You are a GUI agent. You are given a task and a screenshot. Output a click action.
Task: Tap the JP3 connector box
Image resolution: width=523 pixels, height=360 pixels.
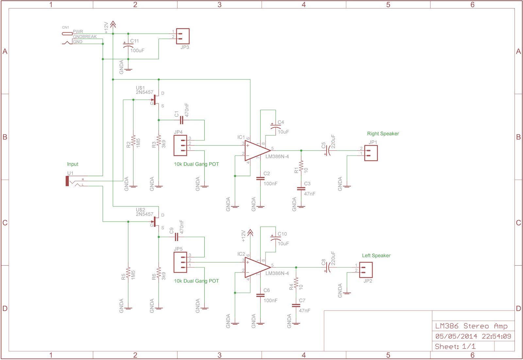183,36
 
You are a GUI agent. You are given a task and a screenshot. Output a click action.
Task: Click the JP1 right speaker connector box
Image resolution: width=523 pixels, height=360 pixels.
371,153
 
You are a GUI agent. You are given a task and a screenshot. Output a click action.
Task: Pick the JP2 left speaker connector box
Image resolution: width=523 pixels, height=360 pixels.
366,270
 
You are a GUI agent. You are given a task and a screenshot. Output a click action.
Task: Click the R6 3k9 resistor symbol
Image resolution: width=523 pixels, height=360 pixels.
159,273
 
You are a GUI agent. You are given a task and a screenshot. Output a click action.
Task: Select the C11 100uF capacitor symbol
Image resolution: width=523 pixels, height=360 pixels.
128,46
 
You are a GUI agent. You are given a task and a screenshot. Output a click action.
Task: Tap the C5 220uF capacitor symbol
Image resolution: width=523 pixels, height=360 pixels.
328,151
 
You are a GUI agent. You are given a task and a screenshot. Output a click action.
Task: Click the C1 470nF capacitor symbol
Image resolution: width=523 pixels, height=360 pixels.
181,120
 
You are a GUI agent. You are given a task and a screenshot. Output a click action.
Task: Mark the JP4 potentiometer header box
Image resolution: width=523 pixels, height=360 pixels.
180,145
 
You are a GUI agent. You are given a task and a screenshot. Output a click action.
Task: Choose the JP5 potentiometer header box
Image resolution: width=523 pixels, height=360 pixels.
180,262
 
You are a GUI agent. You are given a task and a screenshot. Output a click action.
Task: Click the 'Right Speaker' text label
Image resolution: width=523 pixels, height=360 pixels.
383,134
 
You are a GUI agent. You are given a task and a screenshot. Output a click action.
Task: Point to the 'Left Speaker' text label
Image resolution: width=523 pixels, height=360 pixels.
376,255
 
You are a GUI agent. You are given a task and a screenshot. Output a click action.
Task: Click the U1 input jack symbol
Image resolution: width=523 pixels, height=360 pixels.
68,181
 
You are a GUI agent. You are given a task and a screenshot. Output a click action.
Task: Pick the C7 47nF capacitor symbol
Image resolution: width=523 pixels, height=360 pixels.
296,305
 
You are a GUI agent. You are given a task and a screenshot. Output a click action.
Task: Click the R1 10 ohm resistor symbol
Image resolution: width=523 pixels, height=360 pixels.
301,166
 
